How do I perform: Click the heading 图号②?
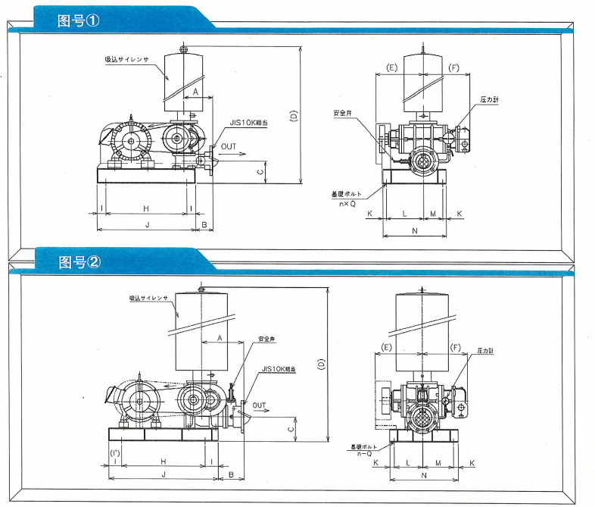pos(79,263)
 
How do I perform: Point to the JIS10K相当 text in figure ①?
pos(247,121)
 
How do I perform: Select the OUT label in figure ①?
pos(229,145)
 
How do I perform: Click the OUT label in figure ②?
pos(259,405)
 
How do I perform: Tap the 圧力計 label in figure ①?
pos(488,99)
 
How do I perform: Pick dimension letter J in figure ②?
pos(163,474)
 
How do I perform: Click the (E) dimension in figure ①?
pos(392,67)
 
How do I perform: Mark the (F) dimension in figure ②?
pos(456,347)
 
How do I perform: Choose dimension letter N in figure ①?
pos(414,229)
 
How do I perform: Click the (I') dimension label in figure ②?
pos(115,453)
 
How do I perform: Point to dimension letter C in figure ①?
pos(260,172)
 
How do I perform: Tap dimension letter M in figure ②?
pos(438,461)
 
